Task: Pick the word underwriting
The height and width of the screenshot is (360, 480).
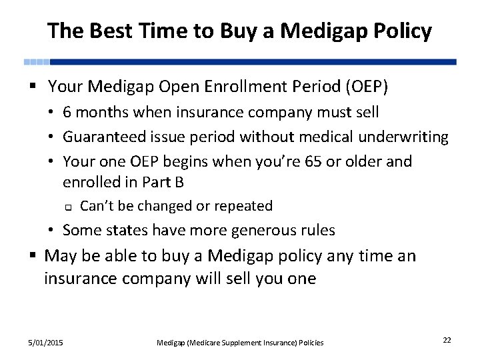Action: (403, 137)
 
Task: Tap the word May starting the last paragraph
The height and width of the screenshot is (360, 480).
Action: (60, 256)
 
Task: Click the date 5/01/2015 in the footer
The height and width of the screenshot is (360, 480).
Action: (46, 342)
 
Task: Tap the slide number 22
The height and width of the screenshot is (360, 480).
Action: (447, 341)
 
